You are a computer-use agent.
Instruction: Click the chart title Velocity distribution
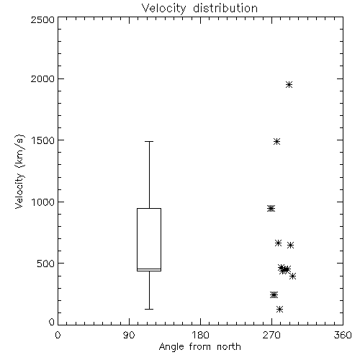(x=199, y=9)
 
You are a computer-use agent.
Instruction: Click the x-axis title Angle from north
(x=199, y=346)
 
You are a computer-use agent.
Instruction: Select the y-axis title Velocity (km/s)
(x=19, y=172)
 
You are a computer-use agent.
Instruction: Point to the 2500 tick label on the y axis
(x=42, y=19)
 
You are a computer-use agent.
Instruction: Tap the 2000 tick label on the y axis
(x=42, y=78)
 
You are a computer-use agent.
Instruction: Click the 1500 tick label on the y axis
(x=43, y=140)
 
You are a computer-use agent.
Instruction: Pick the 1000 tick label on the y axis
(x=43, y=202)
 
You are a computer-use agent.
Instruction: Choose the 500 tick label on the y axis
(x=45, y=264)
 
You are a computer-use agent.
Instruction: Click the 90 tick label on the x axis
(x=129, y=335)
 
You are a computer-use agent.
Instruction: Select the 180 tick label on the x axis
(x=199, y=335)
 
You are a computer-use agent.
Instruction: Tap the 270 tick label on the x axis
(x=271, y=335)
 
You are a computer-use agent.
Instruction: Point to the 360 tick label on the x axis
(x=343, y=335)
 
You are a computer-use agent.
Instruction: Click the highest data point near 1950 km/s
(x=289, y=84)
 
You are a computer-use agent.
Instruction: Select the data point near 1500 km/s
(x=277, y=142)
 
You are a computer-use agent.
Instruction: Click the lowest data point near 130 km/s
(x=279, y=309)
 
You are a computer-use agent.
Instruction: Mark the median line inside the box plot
(x=149, y=269)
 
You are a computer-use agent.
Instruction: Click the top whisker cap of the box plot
(x=149, y=142)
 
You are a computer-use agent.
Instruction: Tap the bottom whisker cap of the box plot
(x=149, y=309)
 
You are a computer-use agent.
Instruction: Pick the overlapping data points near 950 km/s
(x=271, y=209)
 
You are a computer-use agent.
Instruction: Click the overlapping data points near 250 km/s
(x=274, y=294)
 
